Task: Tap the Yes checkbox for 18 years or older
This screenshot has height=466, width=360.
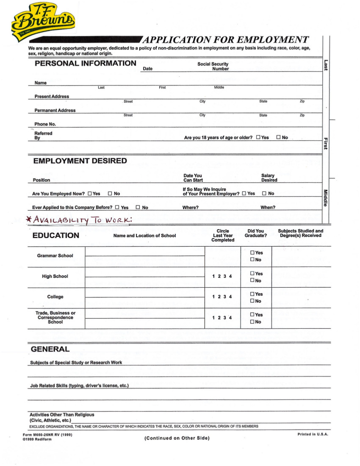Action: [258, 138]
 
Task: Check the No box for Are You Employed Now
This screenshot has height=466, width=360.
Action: [110, 194]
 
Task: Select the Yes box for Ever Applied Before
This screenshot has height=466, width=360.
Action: [117, 208]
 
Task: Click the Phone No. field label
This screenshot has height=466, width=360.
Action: [45, 124]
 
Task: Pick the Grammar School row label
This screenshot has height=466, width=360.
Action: [55, 256]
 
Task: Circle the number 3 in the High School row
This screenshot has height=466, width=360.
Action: [225, 277]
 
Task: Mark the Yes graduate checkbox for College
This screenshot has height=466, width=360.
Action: [252, 294]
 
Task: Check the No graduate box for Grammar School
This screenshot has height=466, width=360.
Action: [252, 260]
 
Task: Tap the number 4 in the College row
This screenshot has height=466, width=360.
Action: [230, 297]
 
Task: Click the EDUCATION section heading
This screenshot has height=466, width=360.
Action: [55, 236]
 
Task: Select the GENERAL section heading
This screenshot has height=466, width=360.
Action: [50, 349]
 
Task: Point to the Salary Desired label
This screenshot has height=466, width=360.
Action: [269, 178]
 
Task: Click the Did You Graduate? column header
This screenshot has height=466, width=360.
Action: [255, 233]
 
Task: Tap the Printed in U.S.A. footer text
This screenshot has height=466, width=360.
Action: [313, 434]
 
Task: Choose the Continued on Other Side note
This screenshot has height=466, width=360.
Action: [177, 438]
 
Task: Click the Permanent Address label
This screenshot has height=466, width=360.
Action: [55, 111]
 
